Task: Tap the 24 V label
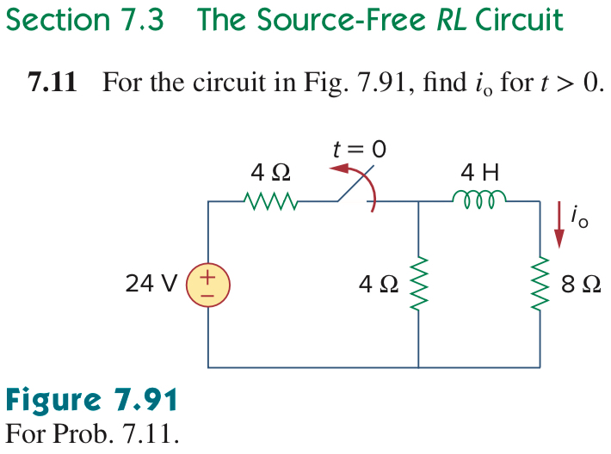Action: point(151,284)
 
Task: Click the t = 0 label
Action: point(360,149)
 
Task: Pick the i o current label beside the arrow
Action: point(582,218)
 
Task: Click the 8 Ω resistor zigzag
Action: point(541,285)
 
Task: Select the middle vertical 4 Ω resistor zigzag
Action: point(418,285)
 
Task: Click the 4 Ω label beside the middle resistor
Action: point(380,285)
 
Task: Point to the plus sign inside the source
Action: point(208,278)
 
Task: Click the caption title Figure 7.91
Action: point(92,401)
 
